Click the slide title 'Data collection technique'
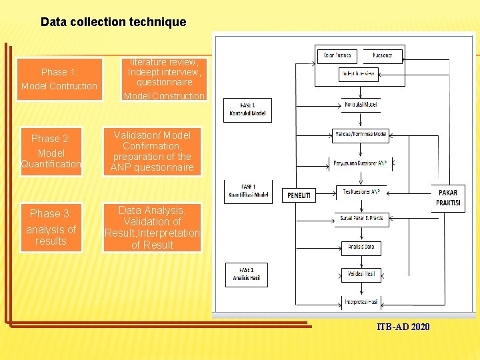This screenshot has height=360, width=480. [113, 22]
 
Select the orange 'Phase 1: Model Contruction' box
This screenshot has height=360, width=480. [59, 79]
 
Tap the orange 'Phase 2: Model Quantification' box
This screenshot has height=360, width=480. [51, 151]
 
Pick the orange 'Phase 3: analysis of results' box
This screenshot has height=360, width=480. [51, 227]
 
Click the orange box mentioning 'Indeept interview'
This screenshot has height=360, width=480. [164, 79]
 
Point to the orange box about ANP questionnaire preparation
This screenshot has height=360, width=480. [153, 151]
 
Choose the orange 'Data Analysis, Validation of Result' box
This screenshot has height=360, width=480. [153, 227]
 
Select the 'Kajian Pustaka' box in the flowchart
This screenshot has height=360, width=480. [337, 55]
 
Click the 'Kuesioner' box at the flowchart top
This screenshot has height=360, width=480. [383, 55]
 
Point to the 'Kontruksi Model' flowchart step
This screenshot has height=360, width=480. [361, 105]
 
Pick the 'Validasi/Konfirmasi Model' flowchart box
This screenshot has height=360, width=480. [360, 135]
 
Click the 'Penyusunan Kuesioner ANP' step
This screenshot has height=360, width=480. [360, 163]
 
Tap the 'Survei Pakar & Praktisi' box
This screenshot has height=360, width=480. [360, 219]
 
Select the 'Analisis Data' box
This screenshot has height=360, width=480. [361, 247]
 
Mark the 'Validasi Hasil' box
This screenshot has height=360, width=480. [361, 274]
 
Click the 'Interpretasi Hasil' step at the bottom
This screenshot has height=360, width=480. [361, 302]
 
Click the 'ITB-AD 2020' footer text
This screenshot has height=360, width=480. [403, 327]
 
